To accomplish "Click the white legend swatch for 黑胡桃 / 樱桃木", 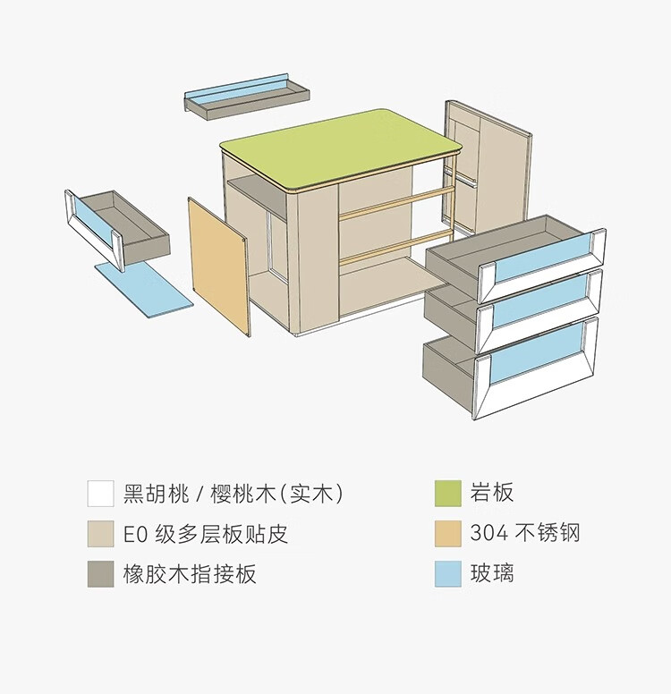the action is click(100, 494).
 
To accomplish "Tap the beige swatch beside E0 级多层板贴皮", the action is click(100, 534).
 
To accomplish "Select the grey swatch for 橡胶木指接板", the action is click(100, 574).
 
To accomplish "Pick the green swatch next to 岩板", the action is click(447, 494).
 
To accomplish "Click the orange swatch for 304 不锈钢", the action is click(447, 534).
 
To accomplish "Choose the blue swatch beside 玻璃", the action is click(447, 574).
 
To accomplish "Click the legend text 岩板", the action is click(492, 493).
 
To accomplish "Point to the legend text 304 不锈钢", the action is click(525, 534).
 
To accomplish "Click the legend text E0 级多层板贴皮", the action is click(206, 534).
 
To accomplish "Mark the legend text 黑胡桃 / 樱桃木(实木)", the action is click(233, 493).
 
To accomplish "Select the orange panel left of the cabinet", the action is click(218, 267).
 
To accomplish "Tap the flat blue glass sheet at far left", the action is click(144, 286).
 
